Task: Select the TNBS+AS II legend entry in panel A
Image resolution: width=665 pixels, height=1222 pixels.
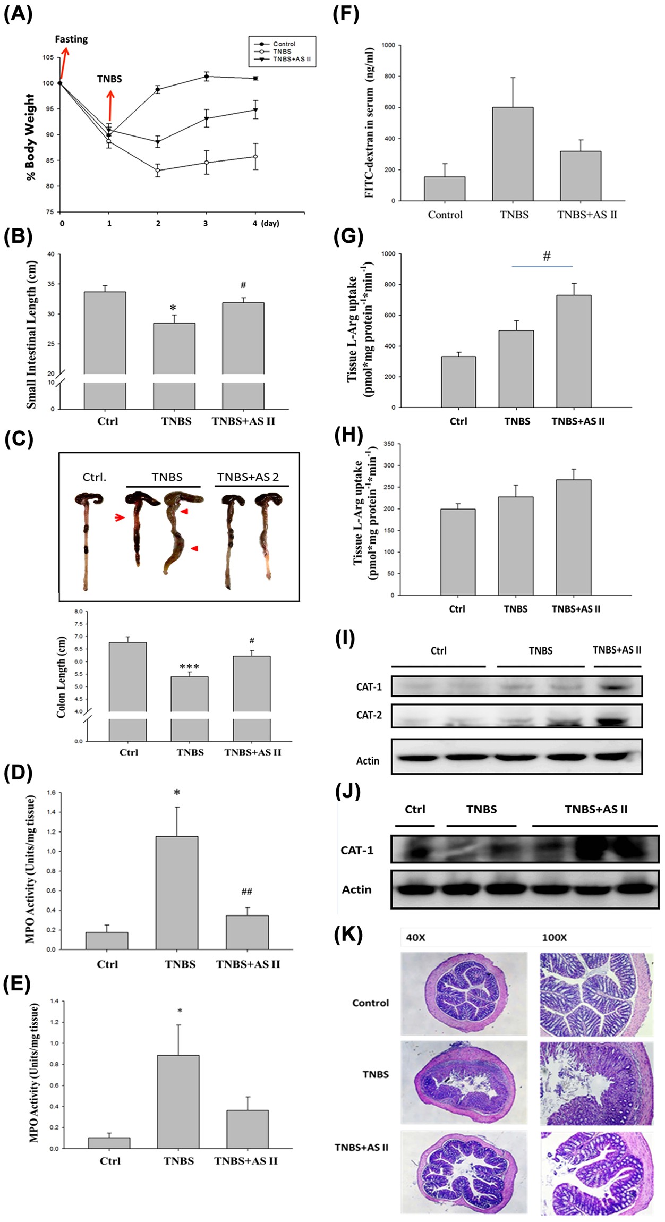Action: pyautogui.click(x=291, y=59)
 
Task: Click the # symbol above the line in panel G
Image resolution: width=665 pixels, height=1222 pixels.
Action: pyautogui.click(x=547, y=257)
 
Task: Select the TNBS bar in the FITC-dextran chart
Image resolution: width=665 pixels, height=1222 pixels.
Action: pyautogui.click(x=513, y=154)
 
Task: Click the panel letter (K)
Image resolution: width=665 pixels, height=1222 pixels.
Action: pyautogui.click(x=348, y=934)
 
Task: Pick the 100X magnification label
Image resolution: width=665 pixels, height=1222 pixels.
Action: pyautogui.click(x=554, y=938)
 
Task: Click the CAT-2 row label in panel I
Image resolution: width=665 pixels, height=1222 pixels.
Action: pyautogui.click(x=369, y=715)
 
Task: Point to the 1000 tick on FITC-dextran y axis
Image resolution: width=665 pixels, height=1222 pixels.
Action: pyautogui.click(x=388, y=46)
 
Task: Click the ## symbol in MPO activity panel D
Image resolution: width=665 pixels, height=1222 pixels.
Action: pyautogui.click(x=246, y=892)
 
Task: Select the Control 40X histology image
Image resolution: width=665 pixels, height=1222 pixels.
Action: pyautogui.click(x=464, y=993)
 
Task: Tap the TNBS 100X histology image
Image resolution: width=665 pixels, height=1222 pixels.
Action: pyautogui.click(x=596, y=1082)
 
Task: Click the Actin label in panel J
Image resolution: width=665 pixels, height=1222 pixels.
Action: pyautogui.click(x=356, y=889)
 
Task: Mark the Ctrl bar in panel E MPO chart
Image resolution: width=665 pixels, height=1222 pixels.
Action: pyautogui.click(x=109, y=1142)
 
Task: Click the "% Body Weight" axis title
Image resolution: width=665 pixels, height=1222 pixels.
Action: pyautogui.click(x=31, y=137)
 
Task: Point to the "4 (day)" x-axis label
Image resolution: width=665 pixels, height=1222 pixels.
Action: pyautogui.click(x=266, y=223)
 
